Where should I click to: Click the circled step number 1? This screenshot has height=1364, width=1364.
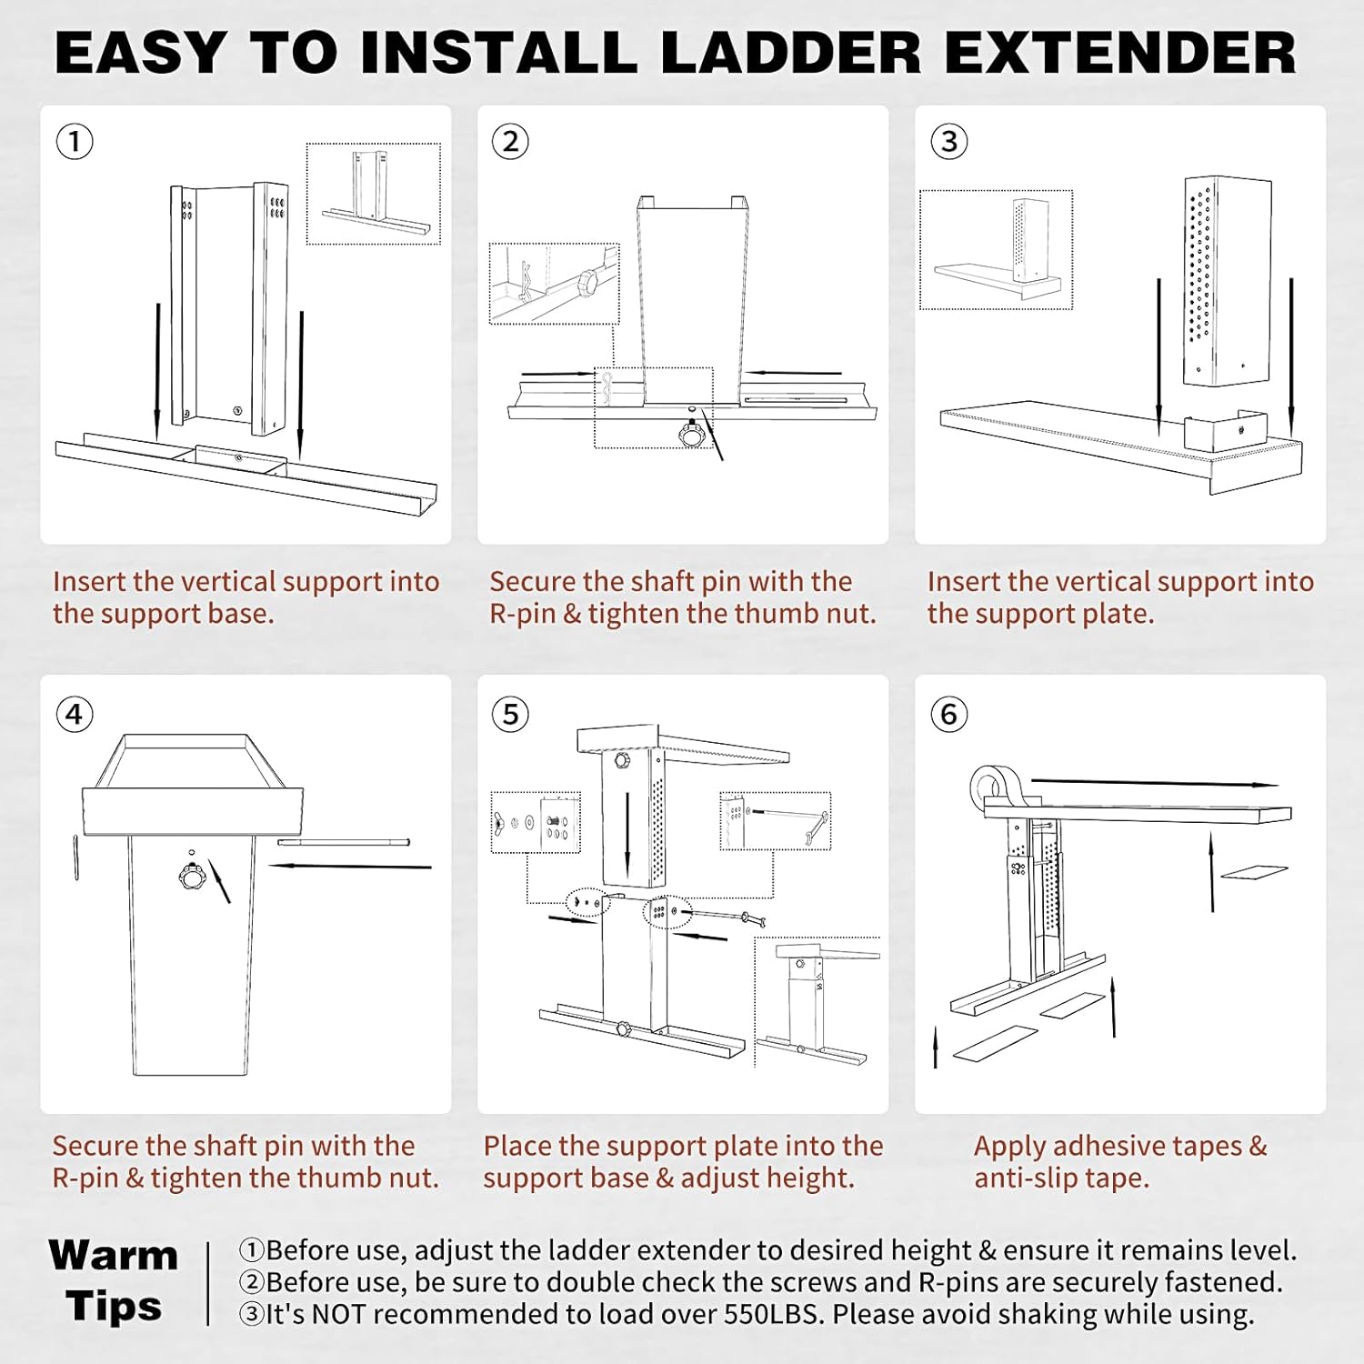(x=75, y=142)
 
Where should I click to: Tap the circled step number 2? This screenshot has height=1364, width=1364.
(x=510, y=142)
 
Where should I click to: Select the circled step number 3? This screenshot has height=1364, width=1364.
(x=948, y=142)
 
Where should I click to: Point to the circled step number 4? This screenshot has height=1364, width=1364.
(x=75, y=715)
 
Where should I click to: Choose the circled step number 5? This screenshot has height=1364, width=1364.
(x=510, y=715)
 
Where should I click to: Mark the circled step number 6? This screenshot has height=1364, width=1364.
(x=948, y=715)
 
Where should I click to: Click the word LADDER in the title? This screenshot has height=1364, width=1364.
(x=790, y=53)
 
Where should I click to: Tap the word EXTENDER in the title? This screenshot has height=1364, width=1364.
(x=1120, y=53)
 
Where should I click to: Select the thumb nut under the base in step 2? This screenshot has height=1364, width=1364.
(x=692, y=436)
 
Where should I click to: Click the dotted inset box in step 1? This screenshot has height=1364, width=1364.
(x=373, y=194)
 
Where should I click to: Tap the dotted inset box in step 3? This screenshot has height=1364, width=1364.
(x=996, y=249)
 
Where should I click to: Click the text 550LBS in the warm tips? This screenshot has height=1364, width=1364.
(x=774, y=1314)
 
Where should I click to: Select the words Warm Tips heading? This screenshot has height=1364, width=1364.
(x=114, y=1280)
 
